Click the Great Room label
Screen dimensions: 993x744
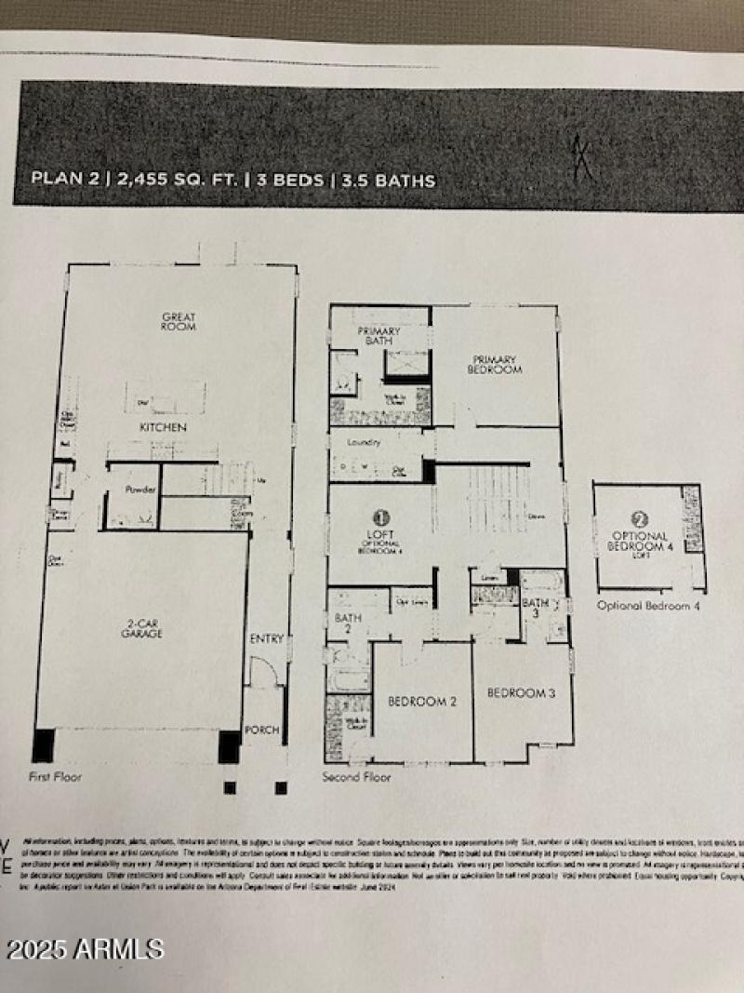point(179,323)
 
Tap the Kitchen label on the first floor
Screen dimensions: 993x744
point(164,427)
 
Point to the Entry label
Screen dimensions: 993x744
point(266,638)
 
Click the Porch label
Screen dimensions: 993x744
point(261,730)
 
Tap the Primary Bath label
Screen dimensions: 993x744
point(379,336)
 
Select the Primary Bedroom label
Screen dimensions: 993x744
point(495,364)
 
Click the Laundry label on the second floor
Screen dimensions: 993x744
point(364,443)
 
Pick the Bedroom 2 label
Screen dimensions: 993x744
point(422,702)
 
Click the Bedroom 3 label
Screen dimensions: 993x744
point(522,693)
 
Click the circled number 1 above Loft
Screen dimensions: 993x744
point(380,516)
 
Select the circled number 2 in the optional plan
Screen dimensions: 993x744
point(639,521)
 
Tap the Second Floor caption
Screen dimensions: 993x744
point(356,776)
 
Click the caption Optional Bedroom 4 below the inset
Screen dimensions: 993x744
point(649,606)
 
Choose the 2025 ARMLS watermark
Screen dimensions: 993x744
point(86,949)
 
